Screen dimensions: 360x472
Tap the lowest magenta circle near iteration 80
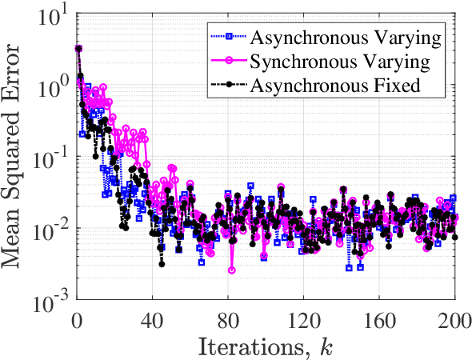pos(232,270)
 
